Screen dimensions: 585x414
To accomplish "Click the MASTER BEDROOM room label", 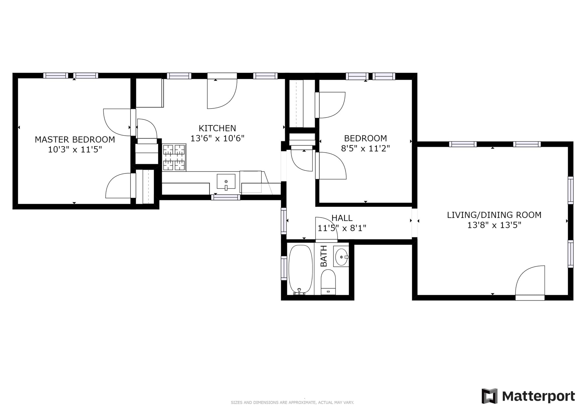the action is [x=75, y=140].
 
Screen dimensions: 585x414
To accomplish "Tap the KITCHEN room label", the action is [x=217, y=128].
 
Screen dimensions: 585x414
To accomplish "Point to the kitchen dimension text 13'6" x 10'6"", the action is [x=217, y=139].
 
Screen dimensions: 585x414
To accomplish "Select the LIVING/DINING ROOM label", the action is [x=494, y=215].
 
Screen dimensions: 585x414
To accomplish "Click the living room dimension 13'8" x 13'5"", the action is [x=494, y=225].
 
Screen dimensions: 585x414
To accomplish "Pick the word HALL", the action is [x=342, y=218].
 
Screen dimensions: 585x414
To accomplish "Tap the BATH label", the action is [x=324, y=256].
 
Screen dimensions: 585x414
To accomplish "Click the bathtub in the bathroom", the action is [x=300, y=270].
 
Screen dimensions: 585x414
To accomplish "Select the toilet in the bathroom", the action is [x=328, y=282].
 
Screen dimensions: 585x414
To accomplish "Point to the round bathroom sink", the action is [x=341, y=257].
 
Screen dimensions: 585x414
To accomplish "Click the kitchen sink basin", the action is [x=226, y=182].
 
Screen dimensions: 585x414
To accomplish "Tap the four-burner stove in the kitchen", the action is [x=174, y=157].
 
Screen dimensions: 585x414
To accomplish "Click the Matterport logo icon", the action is [x=489, y=396].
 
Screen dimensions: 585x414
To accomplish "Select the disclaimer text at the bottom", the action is [x=292, y=403].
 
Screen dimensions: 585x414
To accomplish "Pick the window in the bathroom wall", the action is [x=284, y=268].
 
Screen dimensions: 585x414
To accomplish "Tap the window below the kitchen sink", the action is [x=226, y=197].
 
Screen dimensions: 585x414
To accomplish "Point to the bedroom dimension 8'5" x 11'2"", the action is [x=365, y=149].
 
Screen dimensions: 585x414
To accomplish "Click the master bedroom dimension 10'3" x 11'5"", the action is [x=75, y=150].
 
